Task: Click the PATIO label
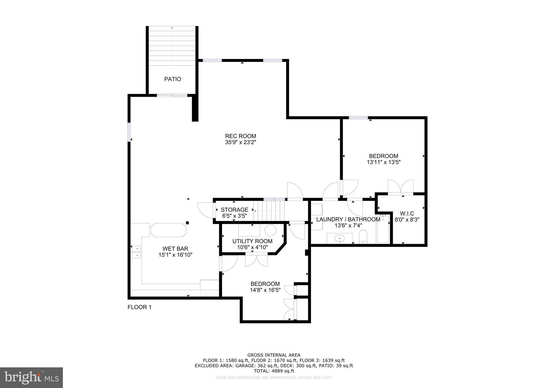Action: point(173,79)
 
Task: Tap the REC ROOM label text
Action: point(240,136)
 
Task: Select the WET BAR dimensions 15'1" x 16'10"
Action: point(175,255)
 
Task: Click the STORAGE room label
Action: point(234,210)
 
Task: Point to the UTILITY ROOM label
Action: point(252,241)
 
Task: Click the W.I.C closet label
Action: point(407,214)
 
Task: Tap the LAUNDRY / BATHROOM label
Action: point(348,219)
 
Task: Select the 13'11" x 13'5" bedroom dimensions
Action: point(383,162)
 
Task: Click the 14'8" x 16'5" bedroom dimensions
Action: point(265,290)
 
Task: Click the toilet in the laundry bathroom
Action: point(363,236)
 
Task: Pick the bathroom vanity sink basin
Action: point(340,238)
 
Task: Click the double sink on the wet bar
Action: point(136,252)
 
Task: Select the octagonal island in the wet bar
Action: point(168,230)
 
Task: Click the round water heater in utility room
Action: point(270,230)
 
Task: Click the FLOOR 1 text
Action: point(139,307)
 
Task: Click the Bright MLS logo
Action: point(31,378)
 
